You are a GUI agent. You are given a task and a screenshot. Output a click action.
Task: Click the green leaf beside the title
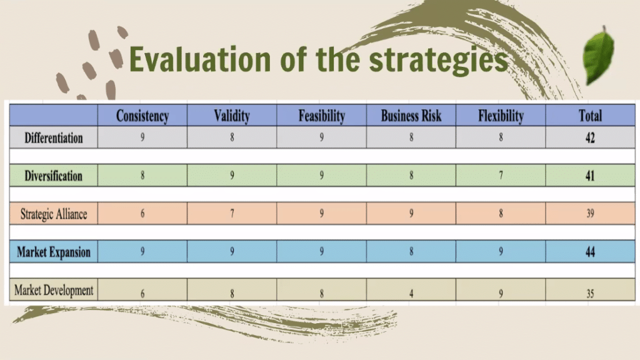click(x=599, y=56)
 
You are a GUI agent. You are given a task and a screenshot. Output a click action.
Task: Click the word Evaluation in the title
click(x=200, y=59)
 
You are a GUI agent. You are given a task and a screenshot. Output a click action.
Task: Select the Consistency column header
click(x=142, y=116)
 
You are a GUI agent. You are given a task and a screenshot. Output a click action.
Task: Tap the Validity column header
click(x=232, y=116)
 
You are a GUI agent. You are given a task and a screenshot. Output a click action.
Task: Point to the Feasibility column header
click(x=322, y=116)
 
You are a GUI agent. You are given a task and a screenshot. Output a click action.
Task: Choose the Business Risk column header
click(x=411, y=116)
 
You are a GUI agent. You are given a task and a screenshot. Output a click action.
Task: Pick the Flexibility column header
click(x=501, y=116)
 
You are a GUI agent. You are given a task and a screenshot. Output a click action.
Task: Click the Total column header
click(x=590, y=116)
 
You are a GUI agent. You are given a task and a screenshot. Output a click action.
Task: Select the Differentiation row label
click(x=54, y=138)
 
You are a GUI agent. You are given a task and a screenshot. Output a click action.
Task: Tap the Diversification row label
click(x=54, y=176)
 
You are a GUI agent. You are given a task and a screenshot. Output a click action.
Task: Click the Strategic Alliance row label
click(x=54, y=214)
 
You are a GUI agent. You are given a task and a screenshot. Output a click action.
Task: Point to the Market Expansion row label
click(x=54, y=252)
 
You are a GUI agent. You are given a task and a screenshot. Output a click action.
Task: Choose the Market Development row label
click(x=54, y=290)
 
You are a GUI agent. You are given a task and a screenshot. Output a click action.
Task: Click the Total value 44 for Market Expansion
click(x=590, y=252)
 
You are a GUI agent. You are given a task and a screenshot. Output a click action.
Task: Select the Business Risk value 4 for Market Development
click(x=411, y=294)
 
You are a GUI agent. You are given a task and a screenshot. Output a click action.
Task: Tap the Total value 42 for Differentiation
click(x=590, y=137)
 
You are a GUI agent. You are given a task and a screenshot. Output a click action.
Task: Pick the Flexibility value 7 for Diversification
click(x=501, y=176)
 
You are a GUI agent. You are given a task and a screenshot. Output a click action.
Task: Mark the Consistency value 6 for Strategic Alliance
click(x=142, y=214)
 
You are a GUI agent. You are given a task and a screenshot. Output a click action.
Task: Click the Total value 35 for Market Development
click(x=590, y=294)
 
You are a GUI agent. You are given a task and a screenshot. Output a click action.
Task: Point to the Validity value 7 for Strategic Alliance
click(x=232, y=214)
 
